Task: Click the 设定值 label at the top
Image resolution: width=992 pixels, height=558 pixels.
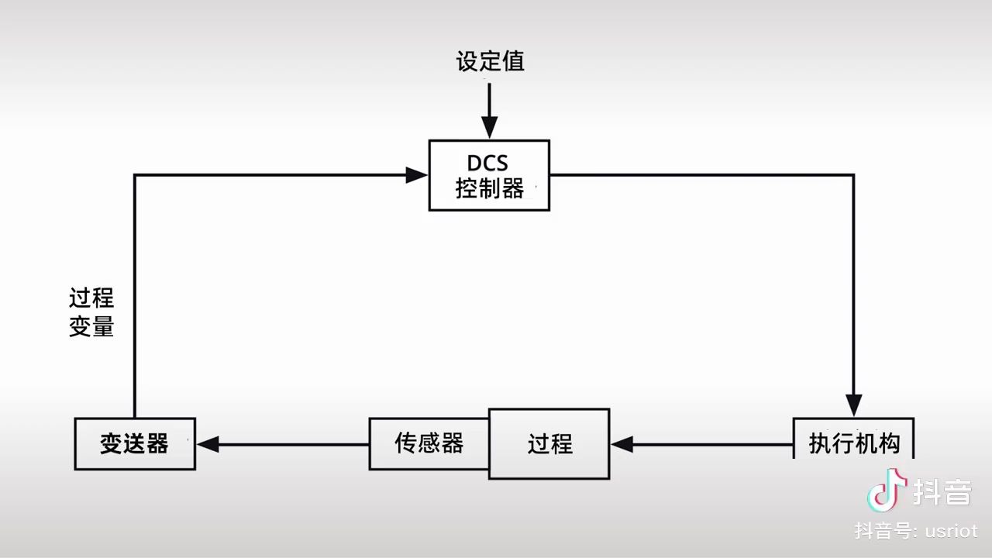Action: (x=490, y=62)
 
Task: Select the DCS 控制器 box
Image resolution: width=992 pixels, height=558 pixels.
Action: (x=489, y=175)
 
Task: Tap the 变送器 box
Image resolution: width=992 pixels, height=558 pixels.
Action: (x=135, y=444)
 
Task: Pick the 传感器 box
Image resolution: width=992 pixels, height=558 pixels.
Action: (x=429, y=443)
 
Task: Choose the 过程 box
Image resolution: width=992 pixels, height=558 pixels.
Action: (x=549, y=444)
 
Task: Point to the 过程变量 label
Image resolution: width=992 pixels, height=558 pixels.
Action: (x=91, y=312)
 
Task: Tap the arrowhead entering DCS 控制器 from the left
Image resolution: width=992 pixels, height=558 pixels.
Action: (x=417, y=175)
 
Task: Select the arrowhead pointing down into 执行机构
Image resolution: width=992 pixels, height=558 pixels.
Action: (x=853, y=405)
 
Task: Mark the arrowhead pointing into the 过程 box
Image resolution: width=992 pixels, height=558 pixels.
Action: (x=622, y=445)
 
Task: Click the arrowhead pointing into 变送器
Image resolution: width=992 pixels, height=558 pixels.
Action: (x=208, y=445)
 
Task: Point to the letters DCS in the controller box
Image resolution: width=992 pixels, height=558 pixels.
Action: (x=487, y=164)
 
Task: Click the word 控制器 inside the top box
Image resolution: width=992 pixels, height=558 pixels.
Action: (x=489, y=188)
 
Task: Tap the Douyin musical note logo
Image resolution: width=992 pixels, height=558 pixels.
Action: (x=887, y=490)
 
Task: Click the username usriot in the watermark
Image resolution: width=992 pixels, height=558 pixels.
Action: (x=950, y=531)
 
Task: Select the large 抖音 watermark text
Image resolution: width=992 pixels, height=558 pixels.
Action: (x=942, y=491)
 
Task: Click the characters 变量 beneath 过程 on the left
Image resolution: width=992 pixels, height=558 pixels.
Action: (x=91, y=327)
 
